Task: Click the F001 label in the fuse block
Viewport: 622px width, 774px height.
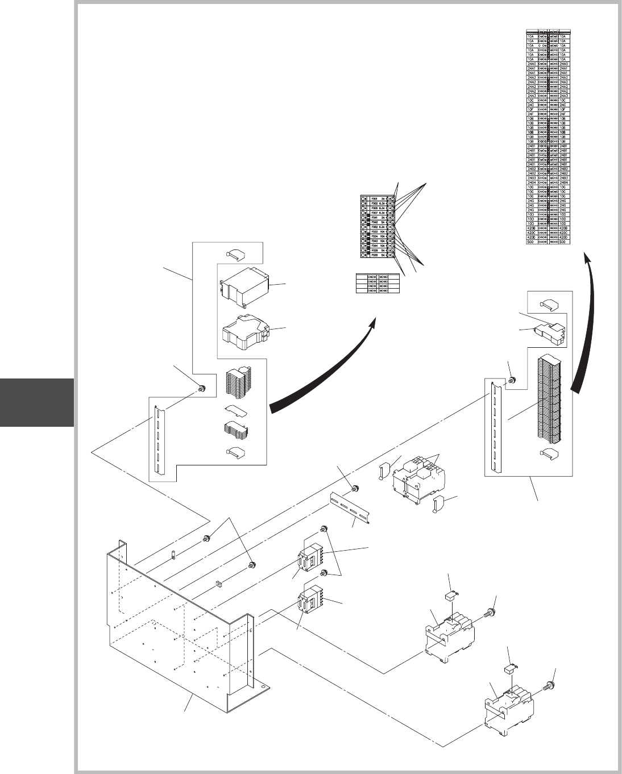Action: click(x=374, y=198)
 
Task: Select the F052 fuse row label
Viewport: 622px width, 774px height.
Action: click(x=374, y=226)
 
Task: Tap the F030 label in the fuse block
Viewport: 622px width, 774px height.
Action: click(x=374, y=255)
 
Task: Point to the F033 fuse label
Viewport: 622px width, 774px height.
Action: click(x=374, y=231)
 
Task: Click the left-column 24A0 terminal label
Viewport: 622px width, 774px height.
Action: click(x=532, y=64)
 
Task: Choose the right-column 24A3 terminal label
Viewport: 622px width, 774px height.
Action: click(x=564, y=95)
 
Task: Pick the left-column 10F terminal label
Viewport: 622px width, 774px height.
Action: click(x=532, y=109)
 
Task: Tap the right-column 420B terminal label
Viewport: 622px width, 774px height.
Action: click(x=564, y=227)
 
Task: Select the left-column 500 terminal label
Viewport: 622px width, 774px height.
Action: click(x=532, y=241)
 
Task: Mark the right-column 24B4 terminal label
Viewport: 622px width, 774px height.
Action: click(x=564, y=182)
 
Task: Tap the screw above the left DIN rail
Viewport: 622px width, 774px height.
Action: click(x=201, y=389)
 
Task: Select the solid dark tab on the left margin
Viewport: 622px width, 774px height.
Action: click(x=37, y=402)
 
